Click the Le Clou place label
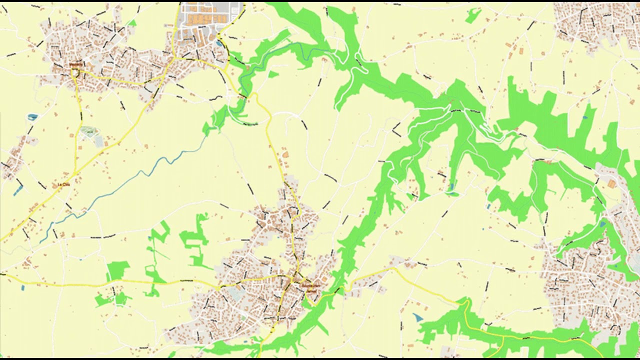pyautogui.click(x=63, y=184)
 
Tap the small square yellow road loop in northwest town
pyautogui.click(x=75, y=73)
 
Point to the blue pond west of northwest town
pyautogui.click(x=32, y=117)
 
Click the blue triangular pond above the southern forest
pyautogui.click(x=417, y=317)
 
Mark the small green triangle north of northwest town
pyautogui.click(x=132, y=22)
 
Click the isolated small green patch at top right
pyautogui.click(x=472, y=15)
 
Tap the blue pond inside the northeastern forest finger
pyautogui.click(x=451, y=187)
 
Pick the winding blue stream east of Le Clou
pyautogui.click(x=125, y=185)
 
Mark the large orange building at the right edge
pyautogui.click(x=611, y=184)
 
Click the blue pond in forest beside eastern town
pyautogui.click(x=601, y=224)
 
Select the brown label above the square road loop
pyautogui.click(x=75, y=64)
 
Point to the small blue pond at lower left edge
pyautogui.click(x=22, y=288)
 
